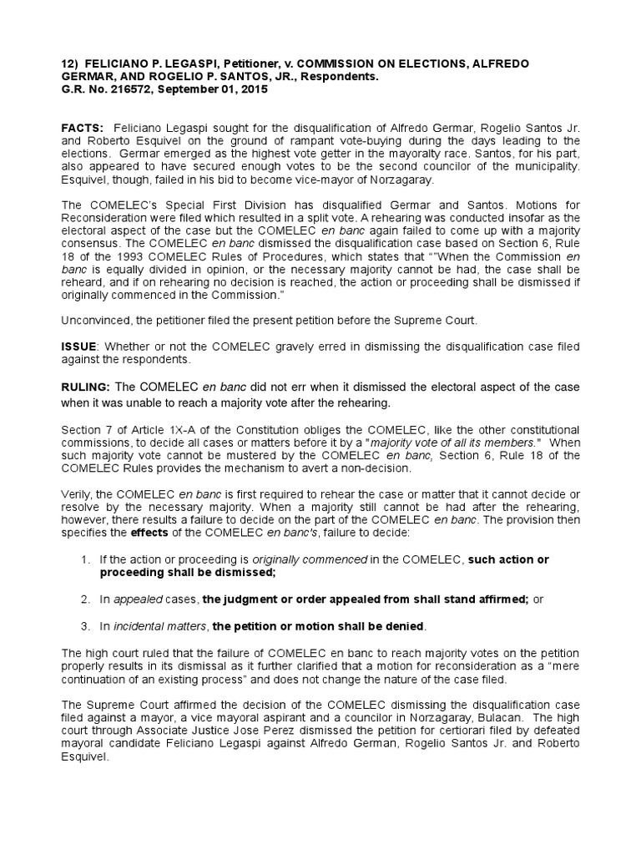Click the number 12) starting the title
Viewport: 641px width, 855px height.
pyautogui.click(x=69, y=64)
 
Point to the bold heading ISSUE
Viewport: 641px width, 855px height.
pyautogui.click(x=78, y=347)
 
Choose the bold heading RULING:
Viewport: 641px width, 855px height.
pyautogui.click(x=86, y=387)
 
